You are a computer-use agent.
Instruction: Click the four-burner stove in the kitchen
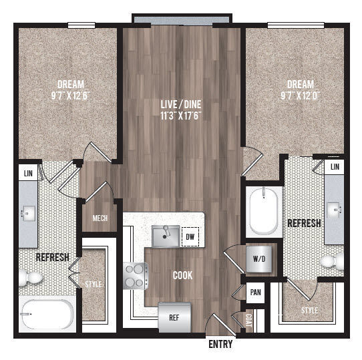(134, 275)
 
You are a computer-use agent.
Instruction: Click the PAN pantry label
(255, 293)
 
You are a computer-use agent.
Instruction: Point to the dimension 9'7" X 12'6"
(70, 96)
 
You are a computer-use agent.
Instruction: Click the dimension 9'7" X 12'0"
(300, 96)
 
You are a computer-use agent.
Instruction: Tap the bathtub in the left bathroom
(46, 312)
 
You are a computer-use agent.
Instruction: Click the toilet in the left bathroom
(29, 277)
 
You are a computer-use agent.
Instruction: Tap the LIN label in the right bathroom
(335, 166)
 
